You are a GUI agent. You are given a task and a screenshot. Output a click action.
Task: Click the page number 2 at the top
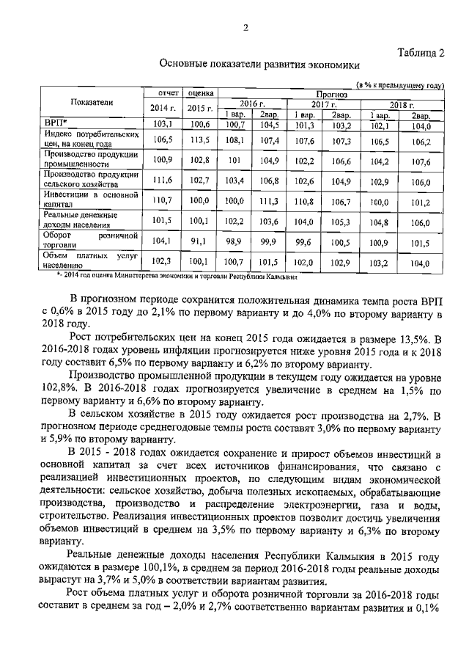coord(246,28)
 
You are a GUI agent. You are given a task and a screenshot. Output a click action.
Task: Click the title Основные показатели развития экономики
coord(260,65)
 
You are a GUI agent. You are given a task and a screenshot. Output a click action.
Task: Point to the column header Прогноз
coord(332,94)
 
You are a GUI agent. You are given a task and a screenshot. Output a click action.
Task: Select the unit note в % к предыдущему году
coord(399,85)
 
